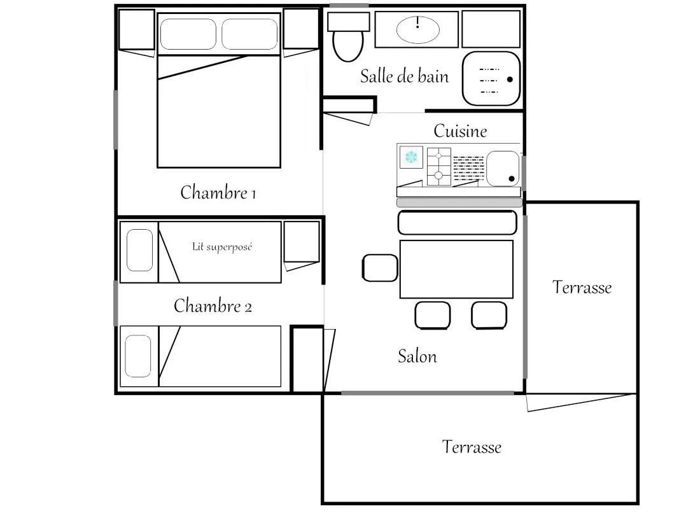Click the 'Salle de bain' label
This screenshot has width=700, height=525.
tap(405, 76)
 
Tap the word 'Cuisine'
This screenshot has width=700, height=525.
tap(460, 131)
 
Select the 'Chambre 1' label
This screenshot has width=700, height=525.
tap(218, 192)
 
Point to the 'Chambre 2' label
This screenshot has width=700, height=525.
tap(213, 306)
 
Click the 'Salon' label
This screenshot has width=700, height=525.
tap(417, 356)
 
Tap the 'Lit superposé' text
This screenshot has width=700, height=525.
tap(222, 247)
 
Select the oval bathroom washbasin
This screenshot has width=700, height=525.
tap(418, 30)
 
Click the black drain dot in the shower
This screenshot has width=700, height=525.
tap(510, 80)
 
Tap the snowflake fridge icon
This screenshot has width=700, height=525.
tap(411, 157)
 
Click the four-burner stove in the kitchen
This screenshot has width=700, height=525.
tap(439, 166)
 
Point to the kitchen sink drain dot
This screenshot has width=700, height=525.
tap(512, 179)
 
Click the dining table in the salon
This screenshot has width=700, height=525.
tap(456, 269)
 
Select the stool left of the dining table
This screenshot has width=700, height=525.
tap(380, 268)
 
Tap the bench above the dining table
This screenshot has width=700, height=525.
tap(457, 222)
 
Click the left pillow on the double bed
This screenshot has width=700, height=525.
tap(188, 34)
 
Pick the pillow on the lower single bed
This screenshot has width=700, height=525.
tap(138, 356)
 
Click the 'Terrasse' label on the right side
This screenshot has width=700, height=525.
tap(582, 287)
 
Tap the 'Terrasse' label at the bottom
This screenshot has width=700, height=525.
tap(472, 447)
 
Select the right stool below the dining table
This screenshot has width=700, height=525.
tap(489, 315)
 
